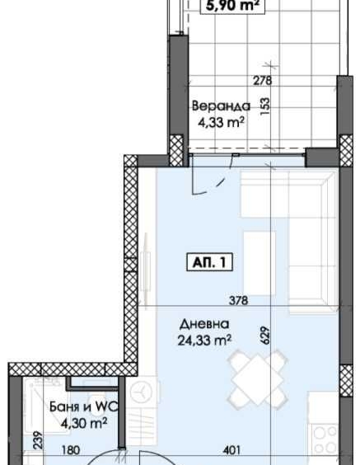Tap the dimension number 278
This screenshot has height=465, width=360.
[x=262, y=80]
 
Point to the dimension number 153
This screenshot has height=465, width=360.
[x=265, y=108]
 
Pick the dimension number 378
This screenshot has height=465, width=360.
[x=238, y=300]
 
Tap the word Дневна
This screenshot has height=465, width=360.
[x=206, y=324]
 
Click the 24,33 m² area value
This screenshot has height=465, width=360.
[x=207, y=339]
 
